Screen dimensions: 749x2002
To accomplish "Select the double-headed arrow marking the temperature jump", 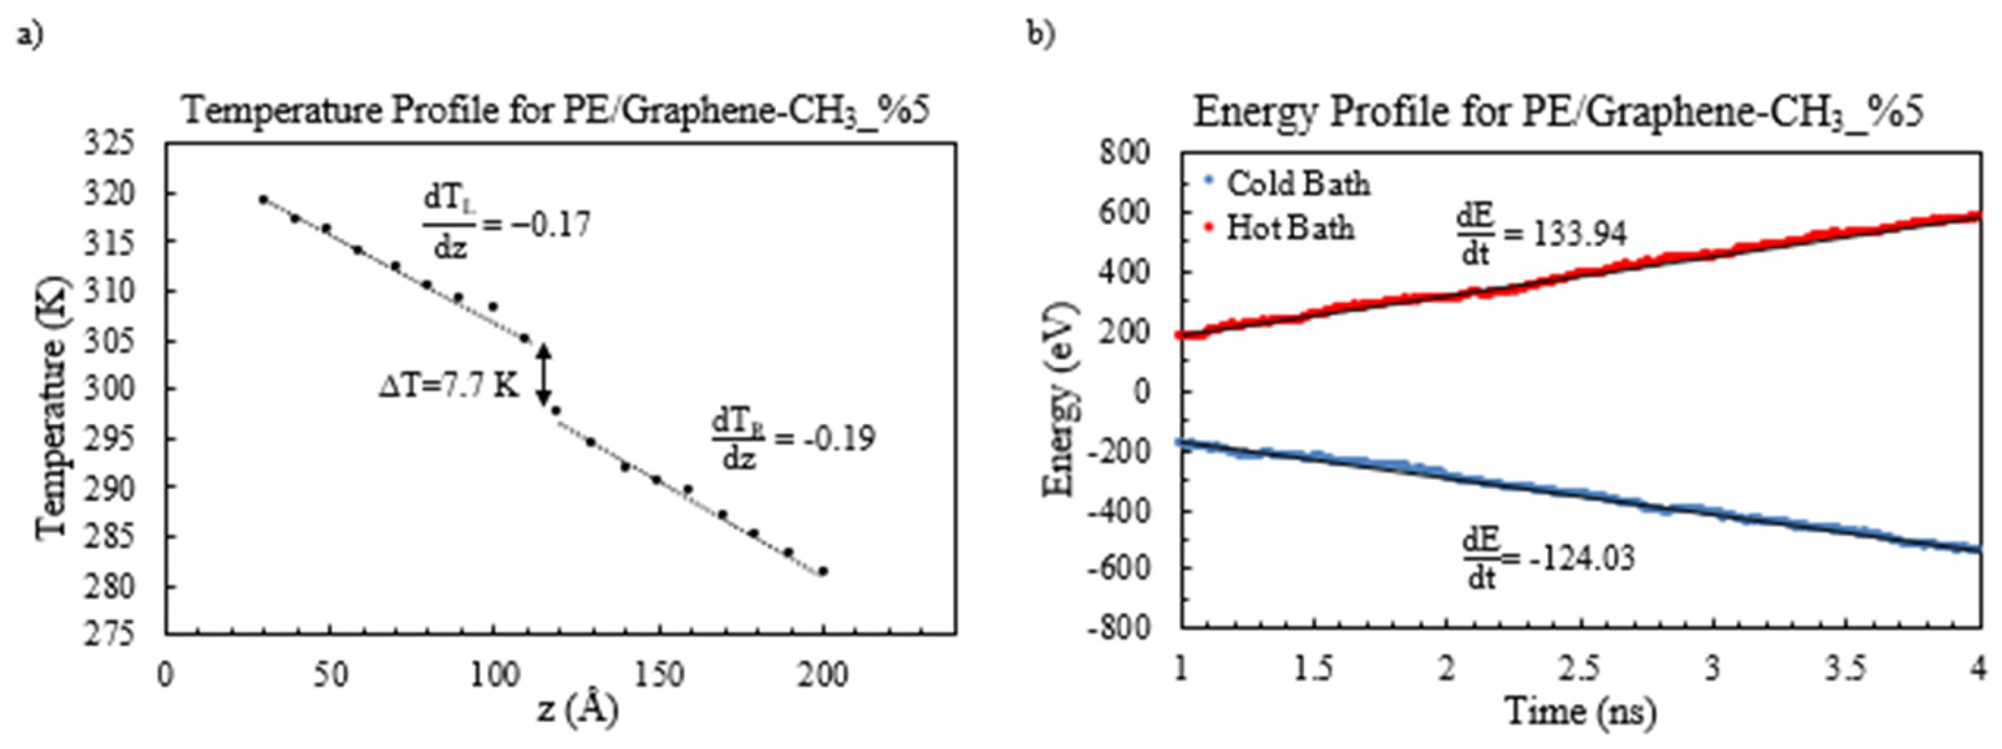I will click(545, 374).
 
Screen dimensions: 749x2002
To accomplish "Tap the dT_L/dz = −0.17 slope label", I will click(506, 225).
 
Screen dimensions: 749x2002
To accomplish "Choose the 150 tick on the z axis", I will click(659, 674).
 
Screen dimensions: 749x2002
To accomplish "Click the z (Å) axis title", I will click(576, 710).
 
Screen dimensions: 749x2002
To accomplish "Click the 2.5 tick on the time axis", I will click(1580, 668).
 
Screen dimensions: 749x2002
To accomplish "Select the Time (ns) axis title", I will click(1579, 711).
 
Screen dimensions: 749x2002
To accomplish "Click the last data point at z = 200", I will click(823, 571).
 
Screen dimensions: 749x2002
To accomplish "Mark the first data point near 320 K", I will click(263, 199).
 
